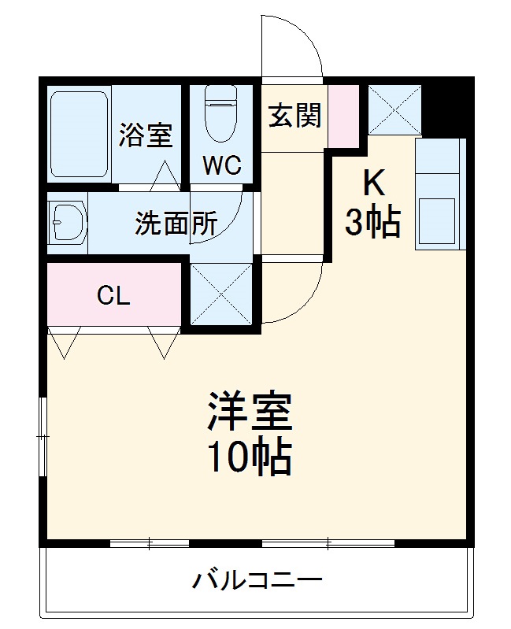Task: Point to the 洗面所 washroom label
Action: click(x=176, y=224)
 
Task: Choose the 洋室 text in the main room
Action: click(x=250, y=411)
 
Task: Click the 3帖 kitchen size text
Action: click(x=372, y=223)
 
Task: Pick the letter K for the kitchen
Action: click(x=373, y=183)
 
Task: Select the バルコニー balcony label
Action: click(x=257, y=583)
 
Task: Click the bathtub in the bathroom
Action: click(x=79, y=135)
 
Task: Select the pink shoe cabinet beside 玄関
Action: click(x=343, y=113)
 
